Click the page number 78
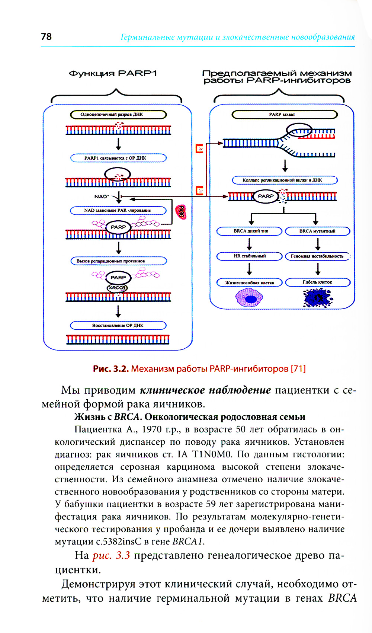coord(46,36)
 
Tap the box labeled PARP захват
coord(285,115)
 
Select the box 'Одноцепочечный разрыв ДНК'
coord(118,115)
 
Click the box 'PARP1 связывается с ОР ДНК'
coord(118,158)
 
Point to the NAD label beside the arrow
coord(101,196)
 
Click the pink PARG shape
coord(181,212)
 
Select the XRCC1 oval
coord(117,288)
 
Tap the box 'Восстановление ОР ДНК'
coord(118,326)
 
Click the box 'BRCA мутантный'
coord(317,231)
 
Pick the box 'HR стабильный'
coord(250,256)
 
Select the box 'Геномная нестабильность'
coord(317,256)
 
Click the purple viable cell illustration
coord(249,298)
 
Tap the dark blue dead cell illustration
coord(318,298)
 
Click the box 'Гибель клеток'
coord(317,282)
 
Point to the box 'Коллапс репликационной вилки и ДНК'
coord(285,180)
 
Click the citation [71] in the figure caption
coord(298,369)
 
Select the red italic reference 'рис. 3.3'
coord(111,556)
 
